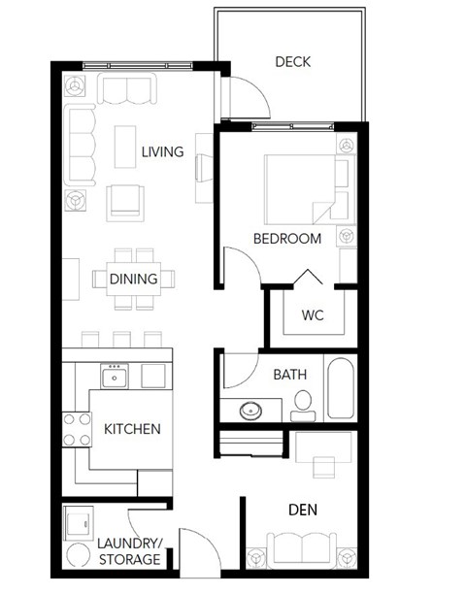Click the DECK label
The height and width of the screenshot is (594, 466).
tap(292, 62)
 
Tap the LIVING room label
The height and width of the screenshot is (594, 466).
tap(162, 151)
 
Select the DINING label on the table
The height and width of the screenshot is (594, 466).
tap(134, 280)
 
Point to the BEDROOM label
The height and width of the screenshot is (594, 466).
tap(287, 239)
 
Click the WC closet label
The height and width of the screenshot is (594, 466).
tap(312, 315)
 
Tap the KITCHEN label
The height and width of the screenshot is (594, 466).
tap(131, 428)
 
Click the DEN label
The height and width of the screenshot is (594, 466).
tap(305, 509)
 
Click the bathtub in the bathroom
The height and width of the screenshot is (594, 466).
tap(341, 389)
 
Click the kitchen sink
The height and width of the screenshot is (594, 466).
tap(115, 376)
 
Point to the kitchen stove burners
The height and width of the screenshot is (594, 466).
tap(76, 429)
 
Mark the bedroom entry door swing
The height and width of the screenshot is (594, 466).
tap(240, 262)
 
